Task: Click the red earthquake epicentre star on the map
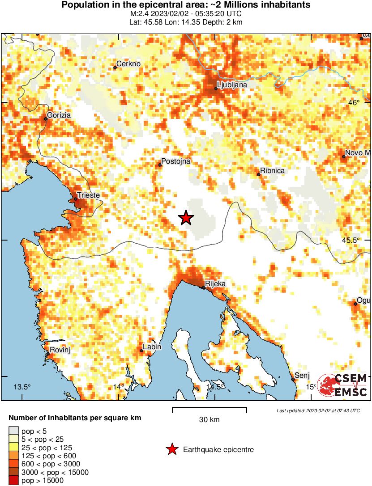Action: tap(186, 218)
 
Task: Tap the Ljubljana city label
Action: tap(232, 85)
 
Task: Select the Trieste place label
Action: tap(88, 195)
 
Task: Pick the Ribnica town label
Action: tap(272, 170)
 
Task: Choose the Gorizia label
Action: tap(59, 115)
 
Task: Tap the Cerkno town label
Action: tap(128, 64)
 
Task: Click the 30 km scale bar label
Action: tap(209, 419)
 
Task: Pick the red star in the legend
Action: tap(171, 449)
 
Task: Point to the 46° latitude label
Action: tap(354, 102)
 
